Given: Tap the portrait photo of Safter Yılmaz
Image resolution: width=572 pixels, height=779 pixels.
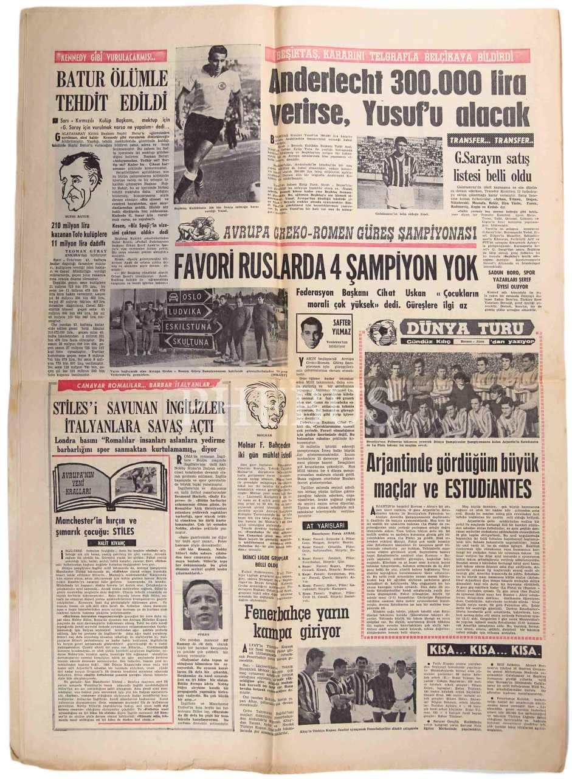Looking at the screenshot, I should (315, 331).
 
